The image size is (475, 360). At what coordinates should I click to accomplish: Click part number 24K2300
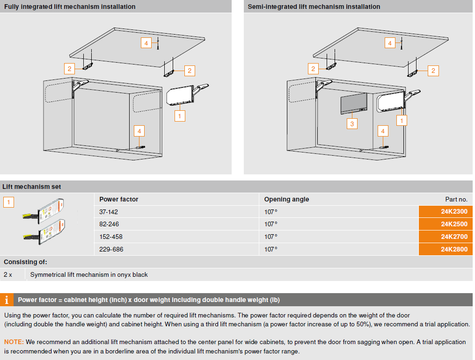453,212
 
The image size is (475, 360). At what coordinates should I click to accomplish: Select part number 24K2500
453,224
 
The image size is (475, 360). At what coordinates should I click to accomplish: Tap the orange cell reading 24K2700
453,237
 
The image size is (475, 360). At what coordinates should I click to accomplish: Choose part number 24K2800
453,249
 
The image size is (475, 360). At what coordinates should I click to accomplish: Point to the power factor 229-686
111,249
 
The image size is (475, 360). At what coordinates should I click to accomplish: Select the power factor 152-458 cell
111,237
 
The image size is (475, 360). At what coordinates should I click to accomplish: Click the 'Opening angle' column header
286,199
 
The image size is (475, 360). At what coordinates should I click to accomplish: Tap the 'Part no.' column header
456,199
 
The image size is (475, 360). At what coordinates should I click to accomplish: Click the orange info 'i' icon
6,300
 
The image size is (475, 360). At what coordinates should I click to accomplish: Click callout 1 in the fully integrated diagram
180,115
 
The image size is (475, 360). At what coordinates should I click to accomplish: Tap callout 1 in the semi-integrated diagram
401,120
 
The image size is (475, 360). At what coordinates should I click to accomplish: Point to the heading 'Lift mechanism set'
32,187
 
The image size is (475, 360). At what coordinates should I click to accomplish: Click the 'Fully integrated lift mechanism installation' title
70,7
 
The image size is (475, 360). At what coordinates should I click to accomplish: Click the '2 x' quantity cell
8,274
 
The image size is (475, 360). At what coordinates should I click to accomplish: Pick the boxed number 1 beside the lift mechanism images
9,202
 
